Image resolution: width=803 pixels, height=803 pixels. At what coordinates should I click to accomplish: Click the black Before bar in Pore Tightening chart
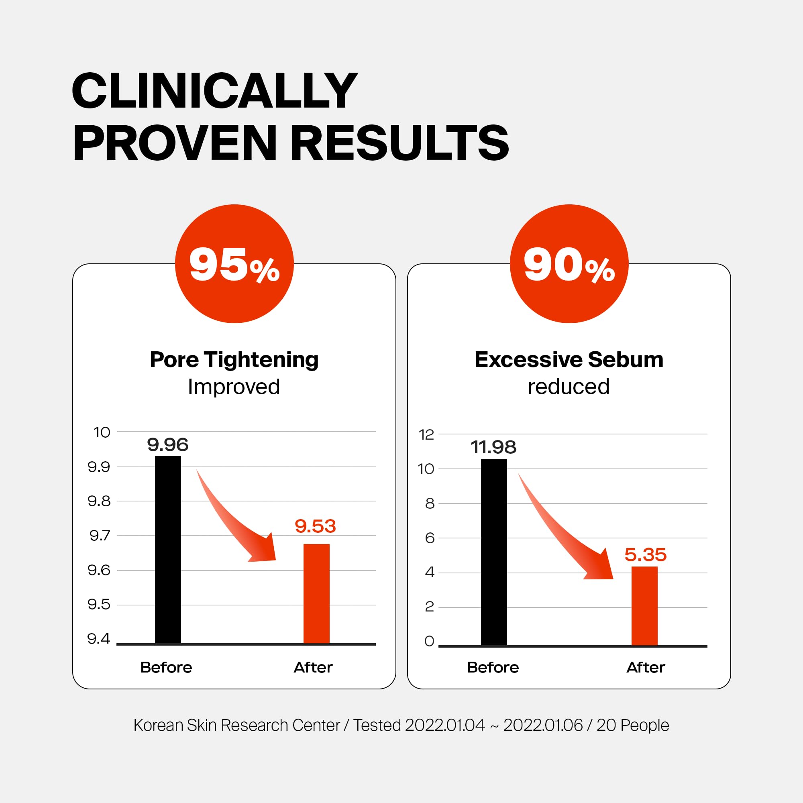pos(168,550)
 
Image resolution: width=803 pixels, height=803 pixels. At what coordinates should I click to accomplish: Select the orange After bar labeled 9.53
pos(316,593)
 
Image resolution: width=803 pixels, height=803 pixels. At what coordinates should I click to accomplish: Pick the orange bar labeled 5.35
pos(644,605)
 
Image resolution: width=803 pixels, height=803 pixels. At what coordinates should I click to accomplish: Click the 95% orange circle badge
pos(234,263)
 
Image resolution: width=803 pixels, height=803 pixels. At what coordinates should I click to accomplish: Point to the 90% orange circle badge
pos(569,263)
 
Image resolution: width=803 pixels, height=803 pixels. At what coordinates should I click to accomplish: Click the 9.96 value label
pos(168,445)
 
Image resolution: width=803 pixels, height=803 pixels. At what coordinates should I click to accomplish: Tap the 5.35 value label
pos(646,555)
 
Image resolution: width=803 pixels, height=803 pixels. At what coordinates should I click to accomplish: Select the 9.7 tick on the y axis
pos(100,535)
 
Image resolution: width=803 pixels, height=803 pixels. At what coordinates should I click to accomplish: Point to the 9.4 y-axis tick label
pos(99,638)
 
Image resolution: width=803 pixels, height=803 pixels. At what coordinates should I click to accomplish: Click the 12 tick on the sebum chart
pos(426,435)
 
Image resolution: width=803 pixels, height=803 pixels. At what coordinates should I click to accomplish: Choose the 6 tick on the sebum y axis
pos(430,538)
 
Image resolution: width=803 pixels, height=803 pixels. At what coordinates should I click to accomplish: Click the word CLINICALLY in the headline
pos(214,91)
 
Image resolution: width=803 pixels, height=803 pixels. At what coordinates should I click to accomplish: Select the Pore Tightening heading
pos(234,359)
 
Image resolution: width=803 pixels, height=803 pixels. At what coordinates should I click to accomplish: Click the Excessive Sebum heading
pos(569,359)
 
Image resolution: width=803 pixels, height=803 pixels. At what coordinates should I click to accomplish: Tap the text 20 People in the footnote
pos(633,725)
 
